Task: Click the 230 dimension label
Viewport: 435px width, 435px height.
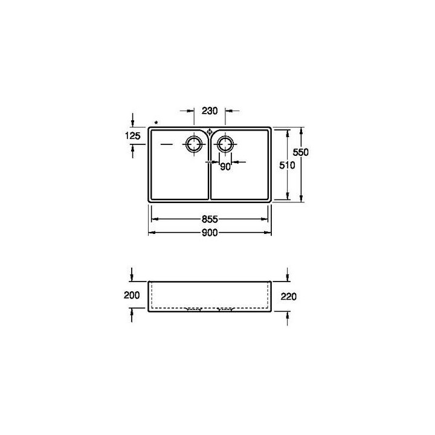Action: tap(210, 111)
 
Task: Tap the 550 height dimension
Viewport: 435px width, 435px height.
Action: tap(301, 153)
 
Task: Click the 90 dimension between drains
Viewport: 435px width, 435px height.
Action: tap(225, 167)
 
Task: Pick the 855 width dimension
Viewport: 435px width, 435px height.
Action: tap(209, 218)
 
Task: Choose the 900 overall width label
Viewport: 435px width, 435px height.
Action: tap(209, 232)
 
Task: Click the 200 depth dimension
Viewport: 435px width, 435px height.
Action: tap(131, 295)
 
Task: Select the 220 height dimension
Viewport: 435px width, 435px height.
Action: tap(288, 297)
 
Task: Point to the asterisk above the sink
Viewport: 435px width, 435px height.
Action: tap(156, 123)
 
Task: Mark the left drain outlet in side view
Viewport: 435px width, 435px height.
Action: tap(194, 309)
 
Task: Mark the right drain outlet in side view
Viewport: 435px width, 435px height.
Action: tap(225, 309)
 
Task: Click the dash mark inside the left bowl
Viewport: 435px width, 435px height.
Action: tap(166, 144)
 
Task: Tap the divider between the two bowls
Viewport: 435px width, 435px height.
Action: tap(209, 175)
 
